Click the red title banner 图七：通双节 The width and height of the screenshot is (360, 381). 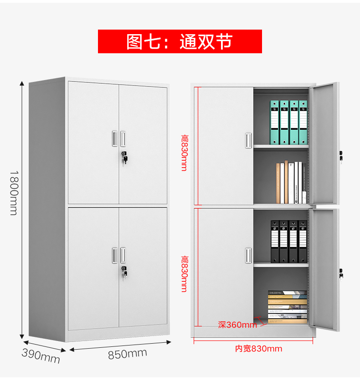(180, 41)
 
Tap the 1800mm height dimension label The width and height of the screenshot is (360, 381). (14, 193)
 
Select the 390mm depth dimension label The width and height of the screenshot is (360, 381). (41, 356)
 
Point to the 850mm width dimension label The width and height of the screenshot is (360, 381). (127, 354)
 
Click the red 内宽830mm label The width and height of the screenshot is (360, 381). (258, 349)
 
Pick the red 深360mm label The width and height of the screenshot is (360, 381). (237, 325)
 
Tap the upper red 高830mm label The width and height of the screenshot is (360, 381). (185, 153)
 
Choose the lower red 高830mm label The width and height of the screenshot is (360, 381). (185, 274)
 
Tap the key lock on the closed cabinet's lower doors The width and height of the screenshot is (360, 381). (124, 273)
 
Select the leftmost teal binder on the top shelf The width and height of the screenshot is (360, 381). (275, 122)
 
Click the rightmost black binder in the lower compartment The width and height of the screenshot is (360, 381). (303, 242)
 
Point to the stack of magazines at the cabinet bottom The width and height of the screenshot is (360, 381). (287, 307)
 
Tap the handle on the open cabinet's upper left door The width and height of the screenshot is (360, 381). (248, 141)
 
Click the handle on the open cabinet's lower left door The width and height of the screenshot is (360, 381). (248, 255)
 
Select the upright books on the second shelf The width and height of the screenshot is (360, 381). (291, 183)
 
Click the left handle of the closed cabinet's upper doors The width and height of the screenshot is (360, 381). (115, 139)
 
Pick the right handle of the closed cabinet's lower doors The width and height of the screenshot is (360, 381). (123, 255)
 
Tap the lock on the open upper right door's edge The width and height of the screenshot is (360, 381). (341, 156)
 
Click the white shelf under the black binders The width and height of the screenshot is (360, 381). (281, 265)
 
